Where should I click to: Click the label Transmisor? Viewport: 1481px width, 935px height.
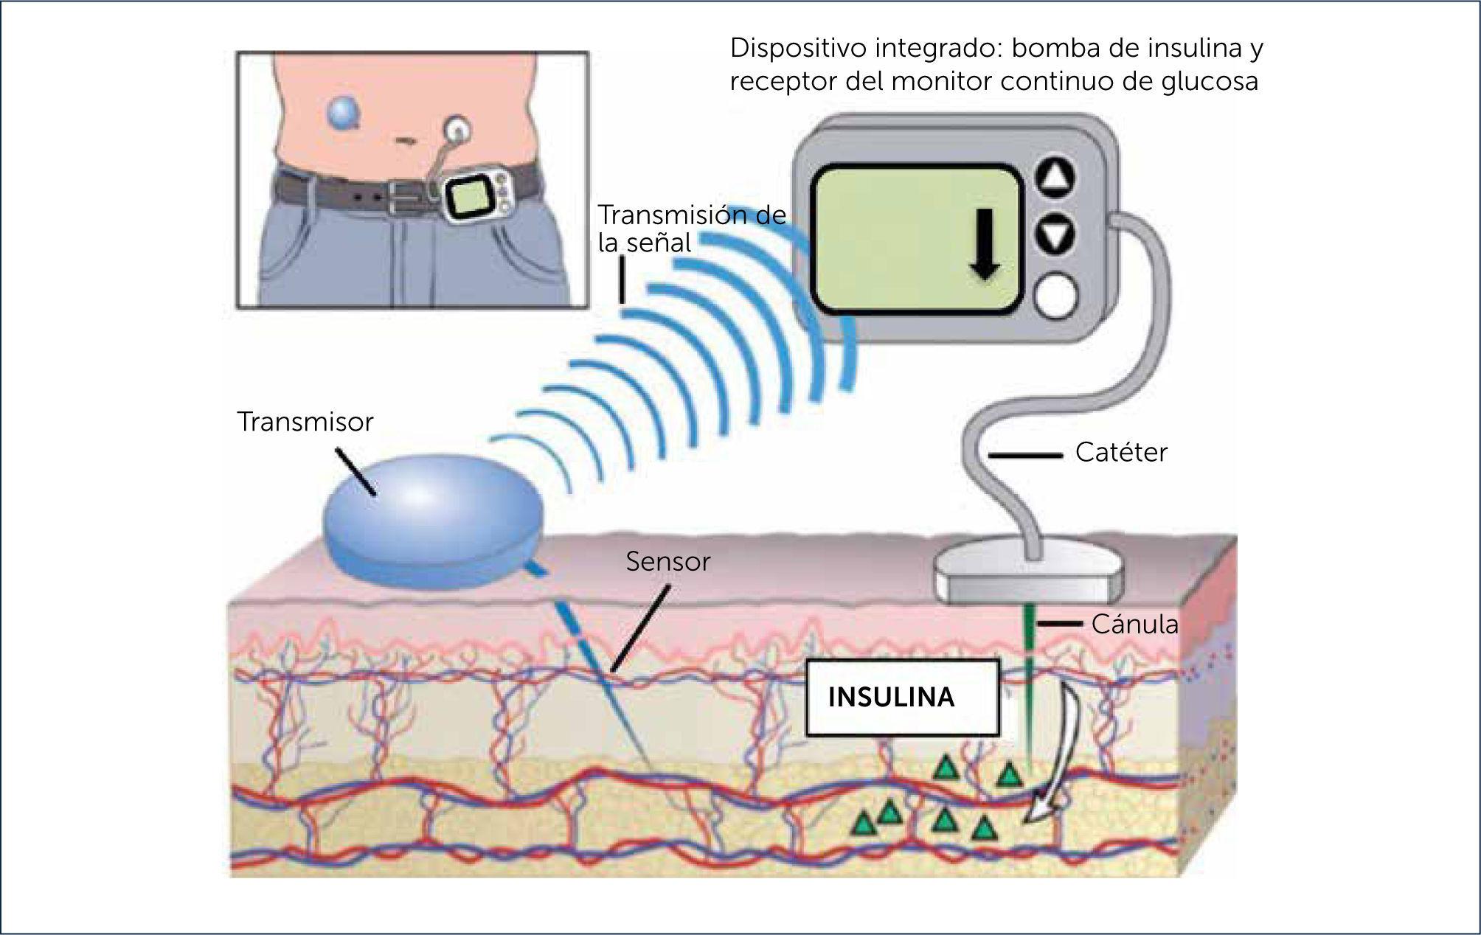tap(305, 423)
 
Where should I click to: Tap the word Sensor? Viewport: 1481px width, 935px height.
tap(667, 562)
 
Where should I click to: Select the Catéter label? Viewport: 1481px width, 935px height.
tap(1121, 453)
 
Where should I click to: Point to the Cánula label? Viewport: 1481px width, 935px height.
tap(1134, 625)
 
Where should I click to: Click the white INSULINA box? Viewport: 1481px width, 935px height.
tap(902, 698)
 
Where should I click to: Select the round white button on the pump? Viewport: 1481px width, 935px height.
tap(1055, 296)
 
